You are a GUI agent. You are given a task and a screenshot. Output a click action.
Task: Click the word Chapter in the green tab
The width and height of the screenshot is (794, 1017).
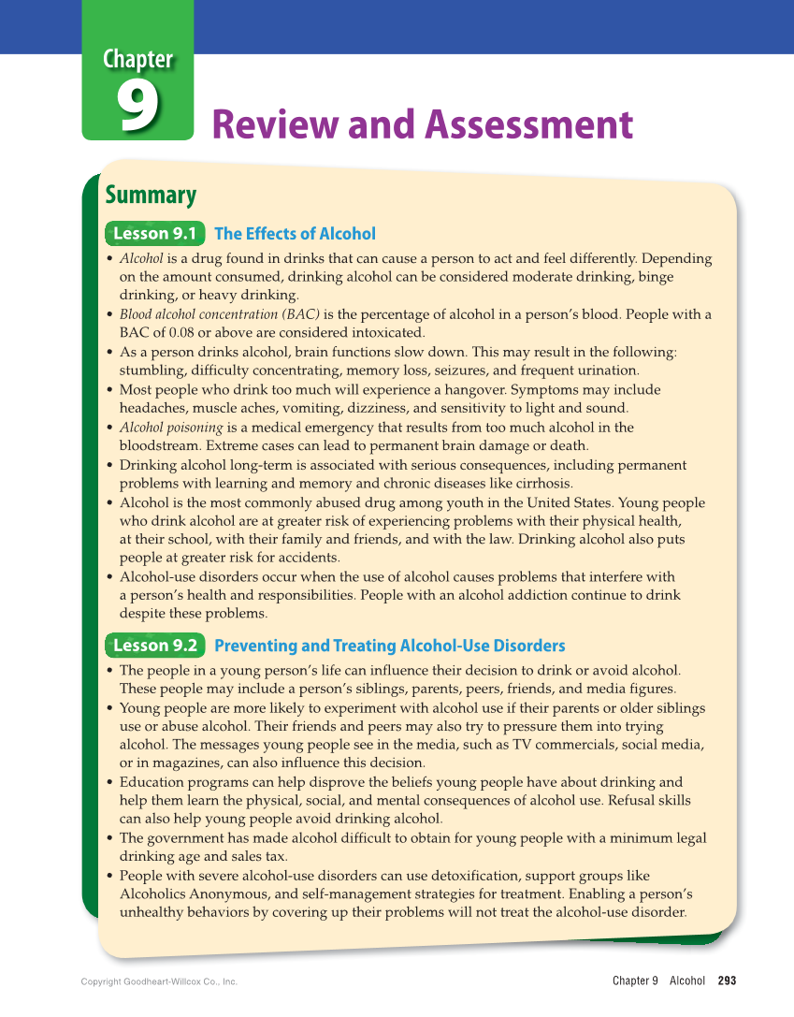click(x=138, y=60)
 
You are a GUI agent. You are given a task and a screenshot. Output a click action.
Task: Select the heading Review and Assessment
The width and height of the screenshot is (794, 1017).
click(x=423, y=124)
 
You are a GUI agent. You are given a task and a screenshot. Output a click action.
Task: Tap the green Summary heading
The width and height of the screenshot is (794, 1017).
click(x=151, y=196)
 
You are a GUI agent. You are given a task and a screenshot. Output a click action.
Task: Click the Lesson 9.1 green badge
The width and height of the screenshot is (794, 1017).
click(x=154, y=234)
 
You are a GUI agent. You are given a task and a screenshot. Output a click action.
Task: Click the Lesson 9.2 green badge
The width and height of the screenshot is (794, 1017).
click(x=154, y=646)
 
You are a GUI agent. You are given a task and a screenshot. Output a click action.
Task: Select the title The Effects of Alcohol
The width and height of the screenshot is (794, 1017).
click(x=295, y=234)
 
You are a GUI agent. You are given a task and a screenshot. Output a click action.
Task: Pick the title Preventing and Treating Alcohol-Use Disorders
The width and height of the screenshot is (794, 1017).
click(x=389, y=646)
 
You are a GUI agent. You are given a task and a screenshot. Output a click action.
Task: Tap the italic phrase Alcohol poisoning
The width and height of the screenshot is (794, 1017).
click(x=171, y=428)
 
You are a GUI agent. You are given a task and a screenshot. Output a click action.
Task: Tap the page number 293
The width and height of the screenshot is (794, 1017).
click(x=727, y=981)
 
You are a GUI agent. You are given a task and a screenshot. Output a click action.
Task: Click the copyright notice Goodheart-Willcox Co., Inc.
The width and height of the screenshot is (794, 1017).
click(x=159, y=981)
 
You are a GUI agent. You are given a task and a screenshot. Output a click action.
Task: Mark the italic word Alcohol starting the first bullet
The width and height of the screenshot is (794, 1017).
click(x=141, y=258)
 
